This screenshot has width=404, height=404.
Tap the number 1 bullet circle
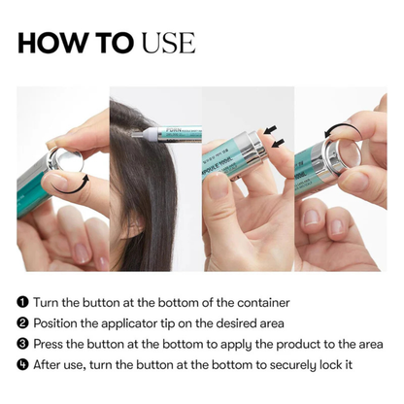(x=23, y=303)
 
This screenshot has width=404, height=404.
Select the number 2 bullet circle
(x=23, y=323)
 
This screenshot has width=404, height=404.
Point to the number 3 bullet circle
(x=23, y=344)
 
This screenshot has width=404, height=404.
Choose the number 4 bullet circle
(x=23, y=364)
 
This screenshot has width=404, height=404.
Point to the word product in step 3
(x=281, y=344)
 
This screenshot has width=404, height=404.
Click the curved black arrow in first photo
(x=80, y=181)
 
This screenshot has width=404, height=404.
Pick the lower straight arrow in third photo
(x=280, y=143)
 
